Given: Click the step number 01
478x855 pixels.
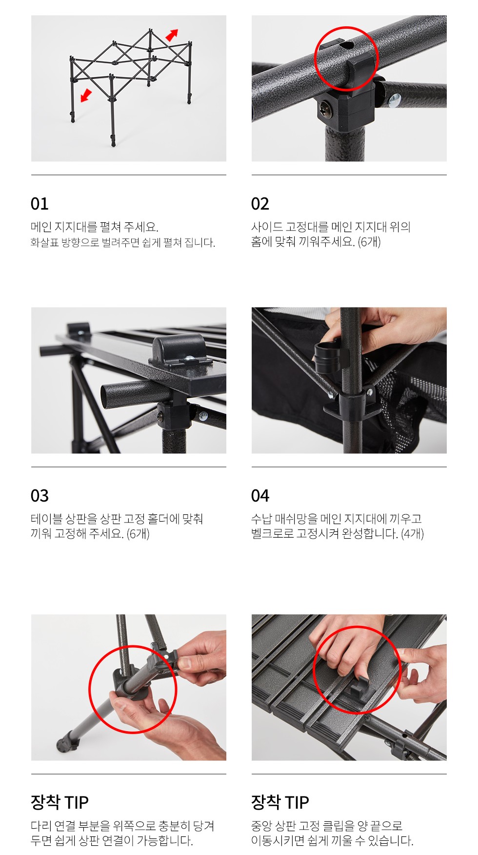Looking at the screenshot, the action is [40, 204].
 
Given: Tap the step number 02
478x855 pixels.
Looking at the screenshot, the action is [260, 204].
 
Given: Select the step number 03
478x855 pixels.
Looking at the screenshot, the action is [40, 496].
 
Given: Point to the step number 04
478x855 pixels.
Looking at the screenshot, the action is [260, 496].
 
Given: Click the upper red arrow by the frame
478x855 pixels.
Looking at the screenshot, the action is [172, 35].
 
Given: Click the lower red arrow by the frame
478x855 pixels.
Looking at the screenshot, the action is [86, 95].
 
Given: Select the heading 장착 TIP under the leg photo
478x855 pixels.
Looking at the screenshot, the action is [60, 802].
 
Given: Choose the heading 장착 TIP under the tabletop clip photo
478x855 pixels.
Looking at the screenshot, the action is [280, 802].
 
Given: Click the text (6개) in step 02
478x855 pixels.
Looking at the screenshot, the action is [369, 242].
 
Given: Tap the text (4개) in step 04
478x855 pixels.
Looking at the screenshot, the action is [412, 534].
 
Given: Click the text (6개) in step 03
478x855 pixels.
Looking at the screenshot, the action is [138, 534].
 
